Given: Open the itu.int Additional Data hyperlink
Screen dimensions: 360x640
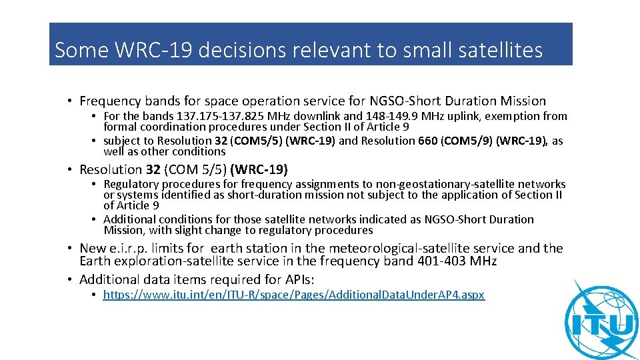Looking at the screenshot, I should point(294,295).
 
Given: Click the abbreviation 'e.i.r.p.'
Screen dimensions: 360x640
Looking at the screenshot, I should point(131,248).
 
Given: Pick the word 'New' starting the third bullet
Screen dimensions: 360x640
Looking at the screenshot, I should point(93,248).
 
